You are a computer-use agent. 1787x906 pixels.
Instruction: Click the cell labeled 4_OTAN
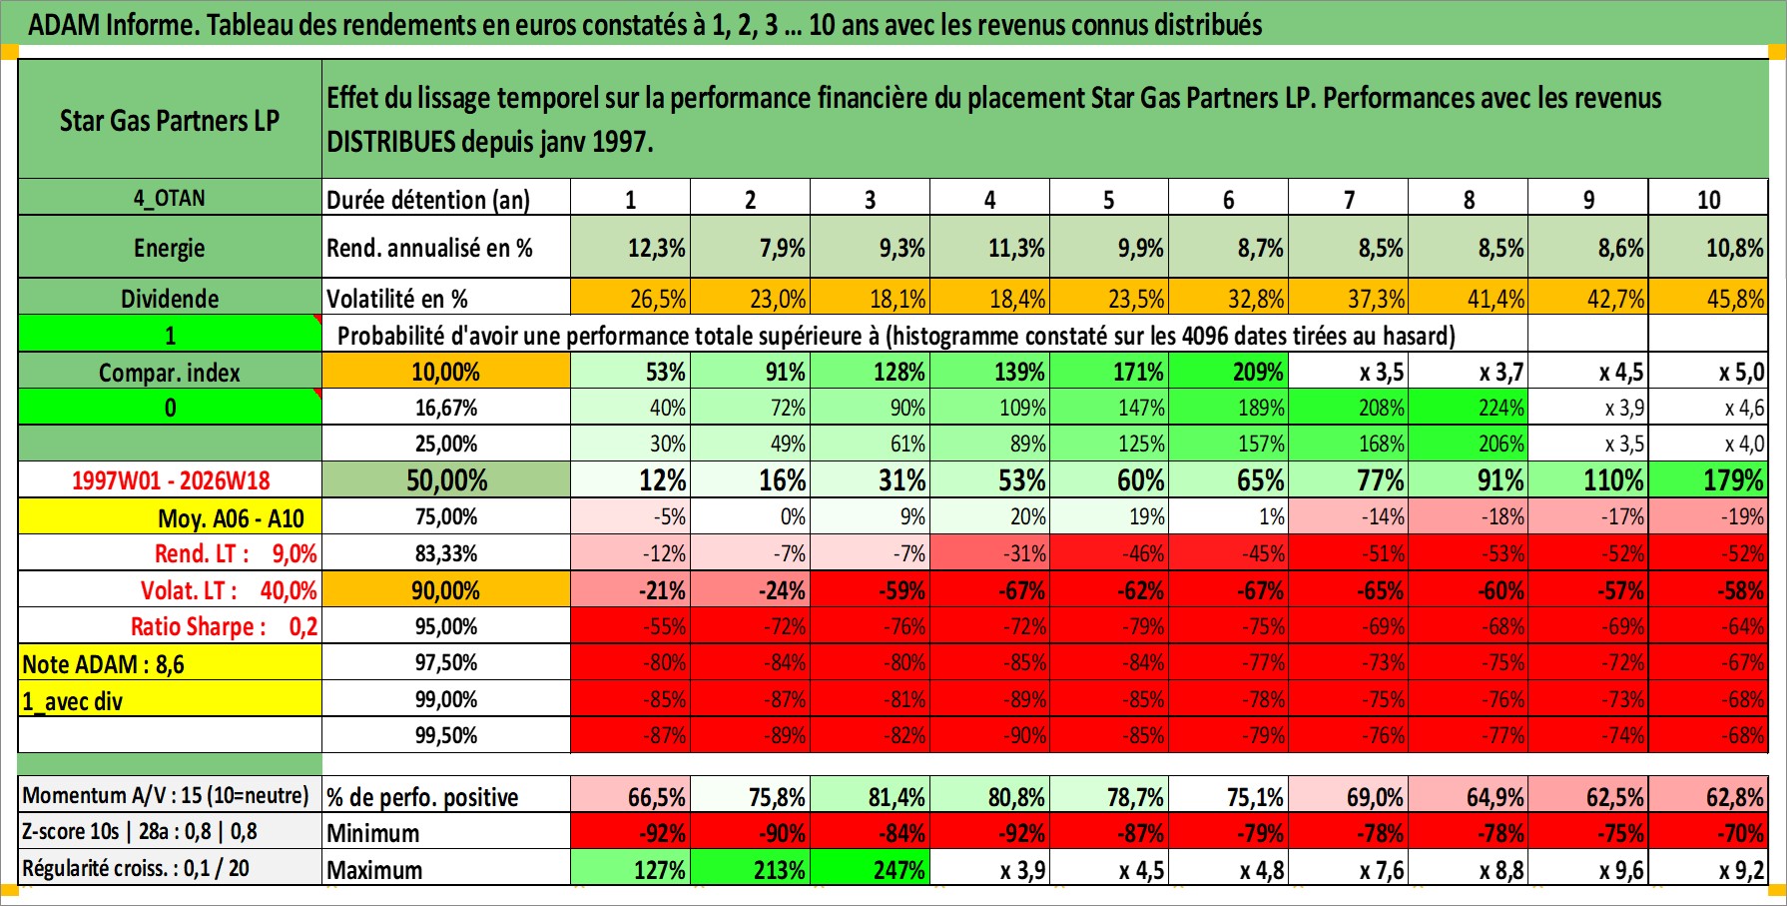170,198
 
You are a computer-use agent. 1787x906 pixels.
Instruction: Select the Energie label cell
170,247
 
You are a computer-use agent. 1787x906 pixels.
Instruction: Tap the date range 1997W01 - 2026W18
170,479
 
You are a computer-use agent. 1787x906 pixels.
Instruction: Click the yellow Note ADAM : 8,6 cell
170,663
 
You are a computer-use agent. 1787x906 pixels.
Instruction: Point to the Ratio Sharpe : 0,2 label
224,626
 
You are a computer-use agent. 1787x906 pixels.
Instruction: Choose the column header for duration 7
1349,199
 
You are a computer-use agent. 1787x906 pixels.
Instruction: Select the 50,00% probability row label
446,479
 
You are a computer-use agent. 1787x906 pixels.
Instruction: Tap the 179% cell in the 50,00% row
1708,479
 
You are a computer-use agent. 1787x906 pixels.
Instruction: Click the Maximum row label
374,870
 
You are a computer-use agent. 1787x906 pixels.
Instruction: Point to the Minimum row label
373,833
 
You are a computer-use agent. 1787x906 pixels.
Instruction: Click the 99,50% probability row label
446,735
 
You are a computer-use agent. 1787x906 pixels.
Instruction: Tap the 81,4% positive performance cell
870,796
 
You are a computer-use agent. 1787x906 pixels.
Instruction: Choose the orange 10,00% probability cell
446,372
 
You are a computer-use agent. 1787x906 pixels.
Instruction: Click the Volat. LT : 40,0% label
229,589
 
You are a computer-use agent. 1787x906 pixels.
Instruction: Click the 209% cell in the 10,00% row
1229,372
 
